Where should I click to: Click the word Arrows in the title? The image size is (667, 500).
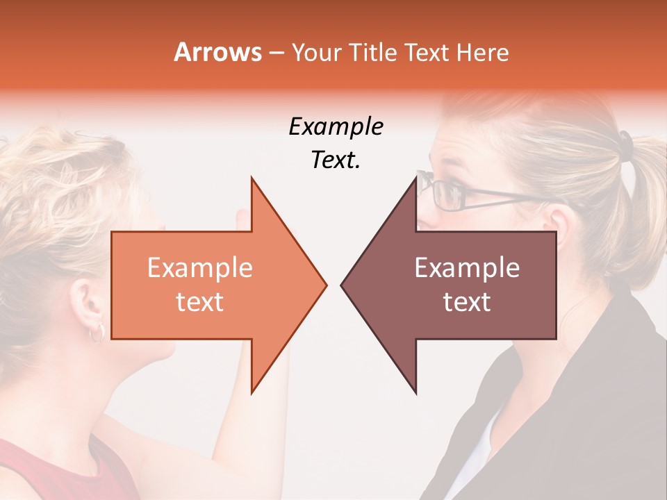[x=217, y=52]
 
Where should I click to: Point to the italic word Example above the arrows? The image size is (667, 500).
[x=336, y=127]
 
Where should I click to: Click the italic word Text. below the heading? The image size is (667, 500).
[x=336, y=160]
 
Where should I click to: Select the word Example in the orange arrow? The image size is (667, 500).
[x=200, y=268]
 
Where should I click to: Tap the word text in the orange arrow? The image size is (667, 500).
[x=200, y=302]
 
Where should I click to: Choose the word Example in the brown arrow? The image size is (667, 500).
[x=467, y=268]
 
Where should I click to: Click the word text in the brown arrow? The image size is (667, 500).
[x=467, y=302]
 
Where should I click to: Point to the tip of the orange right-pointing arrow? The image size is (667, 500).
[x=325, y=285]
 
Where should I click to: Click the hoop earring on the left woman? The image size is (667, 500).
[x=97, y=333]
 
